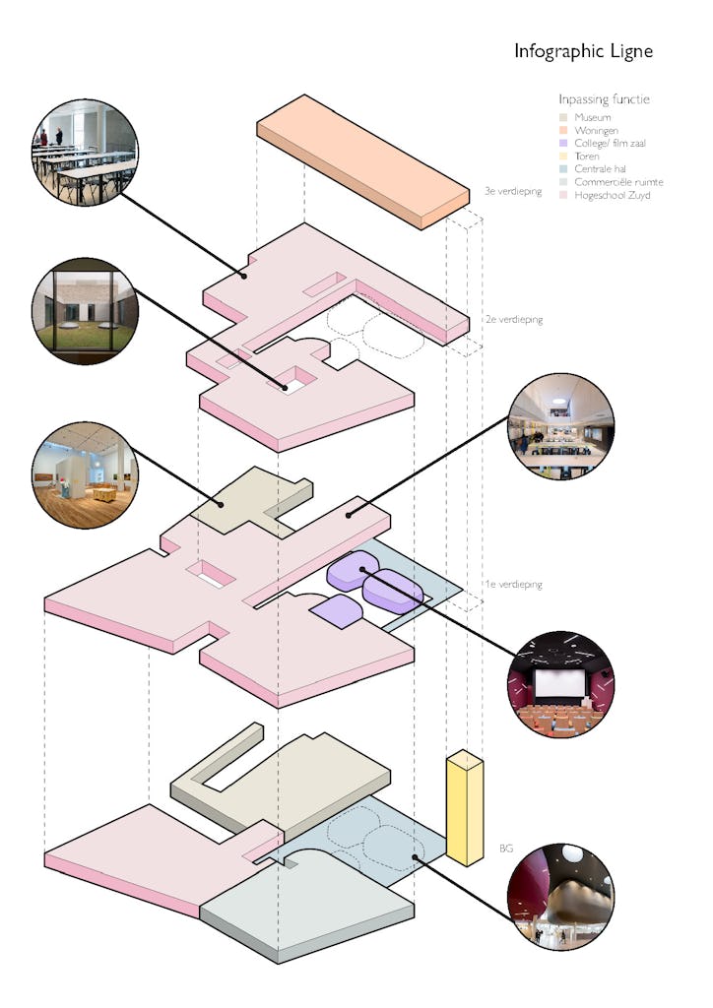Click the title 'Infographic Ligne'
click(x=583, y=51)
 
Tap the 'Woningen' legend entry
click(x=597, y=131)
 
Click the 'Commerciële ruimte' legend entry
click(x=618, y=182)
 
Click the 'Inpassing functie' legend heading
click(x=604, y=99)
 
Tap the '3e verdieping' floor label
click(x=513, y=191)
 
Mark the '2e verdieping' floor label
click(x=513, y=320)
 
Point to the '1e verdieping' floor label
click(x=513, y=585)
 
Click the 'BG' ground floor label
click(x=506, y=848)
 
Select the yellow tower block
click(x=464, y=809)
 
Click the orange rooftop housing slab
click(x=361, y=159)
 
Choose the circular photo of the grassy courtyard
click(x=86, y=312)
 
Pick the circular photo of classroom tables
click(x=86, y=154)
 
